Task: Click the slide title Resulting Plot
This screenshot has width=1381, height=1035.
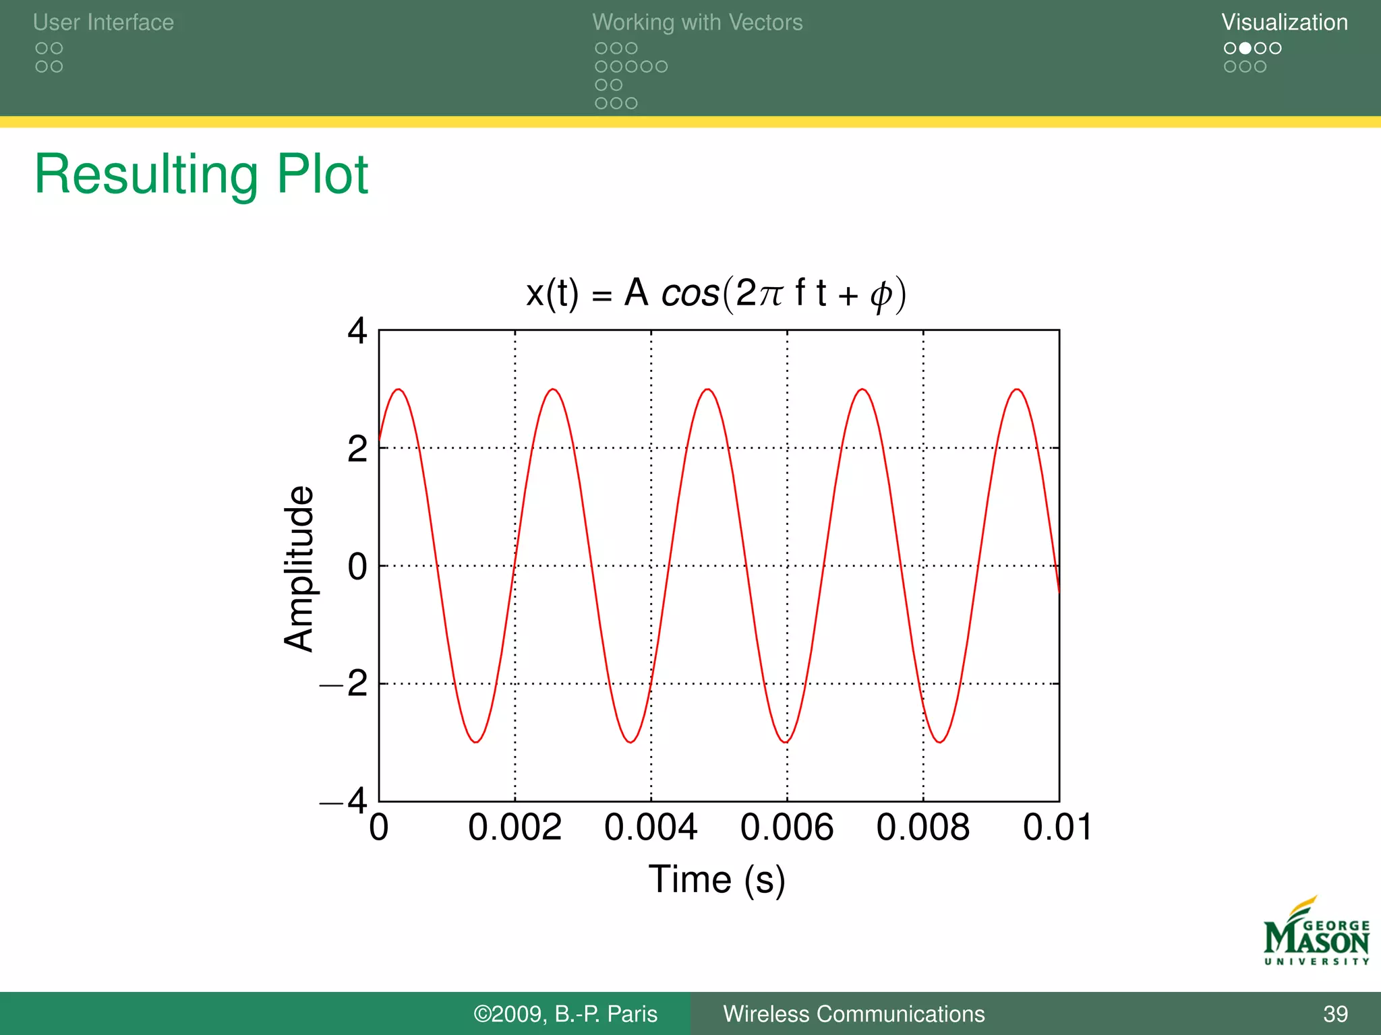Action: pos(201,175)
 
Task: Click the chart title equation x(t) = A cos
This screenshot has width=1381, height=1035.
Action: pos(715,294)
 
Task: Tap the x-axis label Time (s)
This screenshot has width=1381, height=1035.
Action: pos(717,879)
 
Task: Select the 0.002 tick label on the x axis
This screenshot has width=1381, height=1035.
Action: pos(515,827)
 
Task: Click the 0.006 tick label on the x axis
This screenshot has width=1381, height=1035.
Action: pos(786,827)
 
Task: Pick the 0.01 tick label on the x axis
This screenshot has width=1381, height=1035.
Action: pos(1057,827)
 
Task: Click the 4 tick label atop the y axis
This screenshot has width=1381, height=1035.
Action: pos(357,332)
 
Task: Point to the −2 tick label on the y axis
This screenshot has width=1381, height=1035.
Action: pos(345,684)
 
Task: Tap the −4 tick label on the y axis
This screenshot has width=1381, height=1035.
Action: pos(345,801)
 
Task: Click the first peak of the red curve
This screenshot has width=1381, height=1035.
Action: pos(399,389)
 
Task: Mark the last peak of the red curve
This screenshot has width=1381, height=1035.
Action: pos(1017,389)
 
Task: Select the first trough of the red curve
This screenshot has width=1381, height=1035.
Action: pos(476,742)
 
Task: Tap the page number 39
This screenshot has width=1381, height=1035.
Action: pos(1335,1014)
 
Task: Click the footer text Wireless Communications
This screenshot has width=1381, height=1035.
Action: pos(854,1014)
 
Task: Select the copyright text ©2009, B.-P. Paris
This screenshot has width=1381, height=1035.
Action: pos(565,1014)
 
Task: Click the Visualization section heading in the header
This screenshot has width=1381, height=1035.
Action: pos(1284,22)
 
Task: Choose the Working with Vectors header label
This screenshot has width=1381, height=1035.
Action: pos(697,22)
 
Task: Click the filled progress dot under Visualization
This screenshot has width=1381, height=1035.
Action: pos(1245,48)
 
